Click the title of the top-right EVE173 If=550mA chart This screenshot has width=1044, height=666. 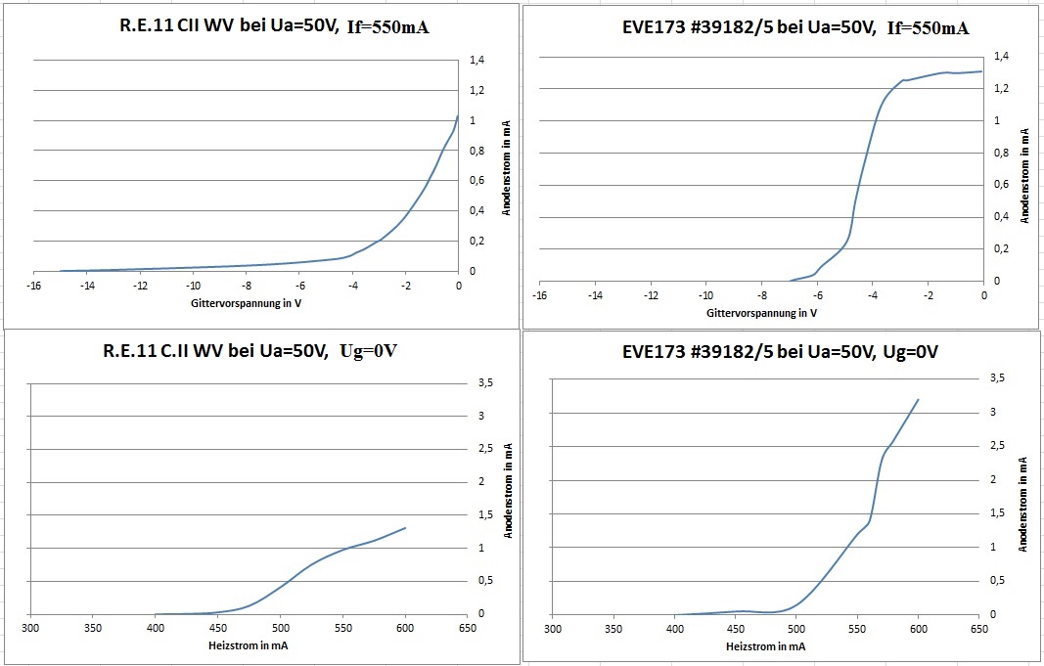coord(795,27)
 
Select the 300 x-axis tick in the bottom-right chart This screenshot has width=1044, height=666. coord(554,629)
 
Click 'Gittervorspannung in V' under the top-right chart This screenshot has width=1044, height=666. coord(760,313)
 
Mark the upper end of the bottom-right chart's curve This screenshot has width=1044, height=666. coord(918,399)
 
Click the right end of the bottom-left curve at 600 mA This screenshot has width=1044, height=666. coord(405,528)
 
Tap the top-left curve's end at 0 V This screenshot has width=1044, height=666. coord(457,116)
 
